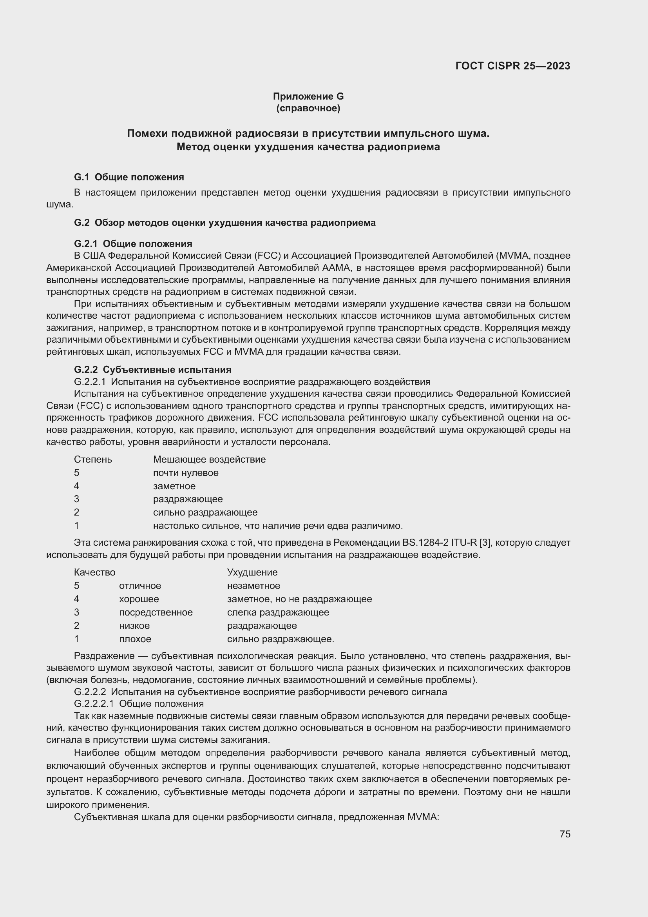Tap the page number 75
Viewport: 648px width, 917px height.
(x=565, y=834)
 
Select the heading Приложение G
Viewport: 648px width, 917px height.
(x=308, y=96)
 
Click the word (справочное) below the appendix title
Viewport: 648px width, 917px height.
(x=308, y=108)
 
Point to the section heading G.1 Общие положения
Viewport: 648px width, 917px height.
(x=129, y=177)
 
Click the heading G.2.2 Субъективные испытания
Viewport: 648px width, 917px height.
(x=152, y=369)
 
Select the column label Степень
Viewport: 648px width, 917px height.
(x=93, y=459)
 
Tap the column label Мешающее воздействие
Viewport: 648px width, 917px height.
(x=209, y=459)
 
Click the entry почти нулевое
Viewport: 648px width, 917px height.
(x=186, y=473)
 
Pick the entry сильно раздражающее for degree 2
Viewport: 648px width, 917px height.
(x=205, y=512)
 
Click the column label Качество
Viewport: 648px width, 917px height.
(x=94, y=572)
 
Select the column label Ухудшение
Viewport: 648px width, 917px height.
(x=252, y=572)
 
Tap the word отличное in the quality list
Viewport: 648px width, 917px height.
(x=140, y=585)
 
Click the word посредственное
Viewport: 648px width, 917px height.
(x=156, y=612)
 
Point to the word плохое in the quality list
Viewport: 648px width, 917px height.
(x=135, y=639)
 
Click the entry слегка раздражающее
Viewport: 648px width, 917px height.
(x=278, y=612)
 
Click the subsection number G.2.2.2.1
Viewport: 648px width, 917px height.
(x=94, y=703)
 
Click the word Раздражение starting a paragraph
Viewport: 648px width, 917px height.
(x=104, y=656)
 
